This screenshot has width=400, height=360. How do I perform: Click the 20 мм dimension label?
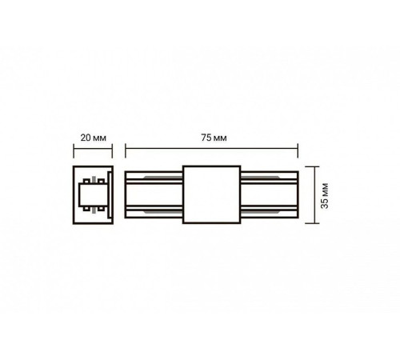click(93, 138)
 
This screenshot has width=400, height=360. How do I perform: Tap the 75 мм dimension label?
click(214, 138)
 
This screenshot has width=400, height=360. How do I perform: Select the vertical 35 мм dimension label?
click(325, 196)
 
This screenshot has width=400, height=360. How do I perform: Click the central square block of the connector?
click(212, 194)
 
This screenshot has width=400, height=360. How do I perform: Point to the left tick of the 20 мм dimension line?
click(74, 151)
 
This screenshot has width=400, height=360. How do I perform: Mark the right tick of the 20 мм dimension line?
click(112, 151)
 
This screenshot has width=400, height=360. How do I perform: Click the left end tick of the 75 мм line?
click(126, 150)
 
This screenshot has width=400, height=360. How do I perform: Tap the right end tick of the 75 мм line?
click(298, 150)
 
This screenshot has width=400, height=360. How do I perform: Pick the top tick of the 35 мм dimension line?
click(312, 166)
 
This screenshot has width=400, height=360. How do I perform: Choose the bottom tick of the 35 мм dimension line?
click(312, 223)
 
